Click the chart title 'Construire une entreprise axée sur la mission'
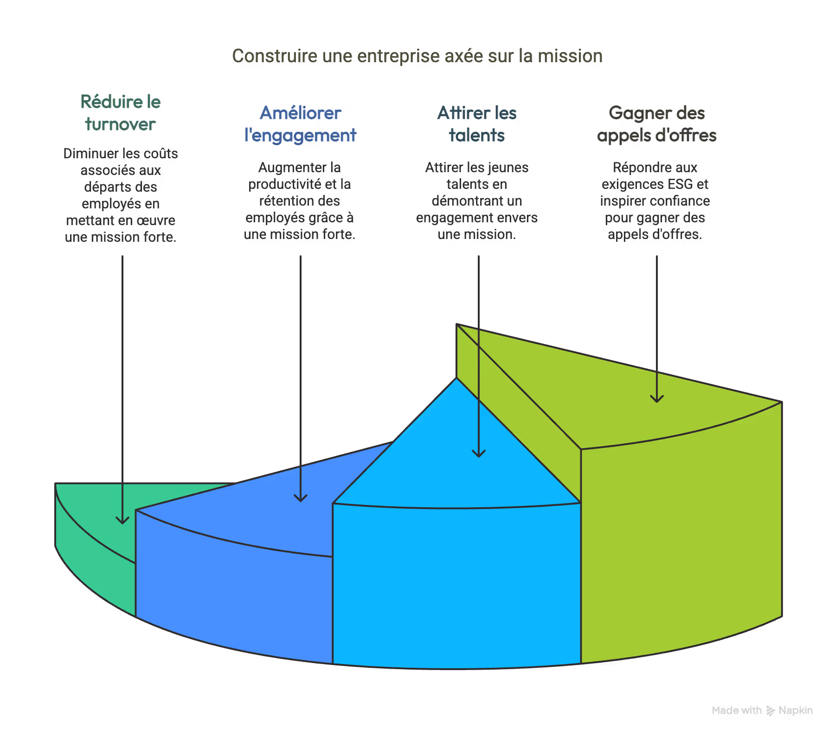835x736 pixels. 417,56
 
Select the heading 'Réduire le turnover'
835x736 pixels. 120,113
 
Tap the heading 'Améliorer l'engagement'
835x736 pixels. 300,124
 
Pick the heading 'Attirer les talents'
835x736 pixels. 477,124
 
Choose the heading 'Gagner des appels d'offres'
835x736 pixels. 656,124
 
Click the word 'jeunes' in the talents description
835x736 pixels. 508,168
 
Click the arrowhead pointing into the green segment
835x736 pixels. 122,520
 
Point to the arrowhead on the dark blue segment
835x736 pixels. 301,498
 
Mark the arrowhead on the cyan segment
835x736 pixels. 479,453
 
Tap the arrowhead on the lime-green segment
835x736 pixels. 656,399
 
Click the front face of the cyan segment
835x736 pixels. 457,585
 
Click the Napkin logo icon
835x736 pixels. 771,710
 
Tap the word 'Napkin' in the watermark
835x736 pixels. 796,710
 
